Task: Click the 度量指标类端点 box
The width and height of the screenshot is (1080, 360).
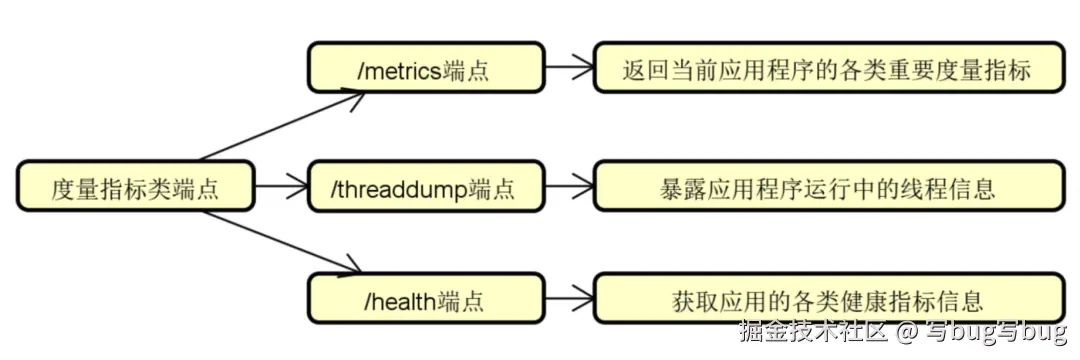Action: point(136,186)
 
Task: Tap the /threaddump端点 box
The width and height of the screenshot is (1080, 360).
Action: point(426,186)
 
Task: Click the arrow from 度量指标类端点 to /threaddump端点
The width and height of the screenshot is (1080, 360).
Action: point(281,186)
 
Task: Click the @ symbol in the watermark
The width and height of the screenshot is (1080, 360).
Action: point(906,331)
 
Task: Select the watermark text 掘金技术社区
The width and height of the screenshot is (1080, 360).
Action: point(813,331)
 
